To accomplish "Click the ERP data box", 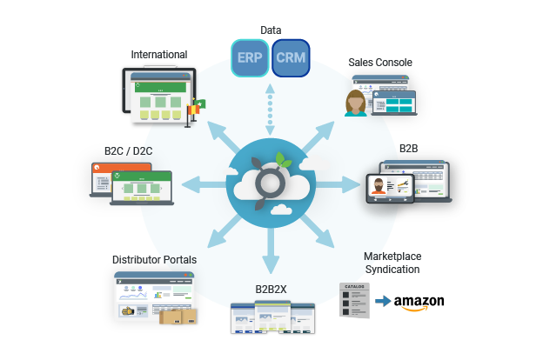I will pyautogui.click(x=249, y=57).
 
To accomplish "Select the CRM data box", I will pyautogui.click(x=290, y=57).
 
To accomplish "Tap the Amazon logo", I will pyautogui.click(x=419, y=303).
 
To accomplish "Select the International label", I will pyautogui.click(x=158, y=55).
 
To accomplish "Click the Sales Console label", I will pyautogui.click(x=380, y=63).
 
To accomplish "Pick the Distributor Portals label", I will pyautogui.click(x=154, y=260).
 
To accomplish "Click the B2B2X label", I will pyautogui.click(x=271, y=288).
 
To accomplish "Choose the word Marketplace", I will pyautogui.click(x=392, y=257).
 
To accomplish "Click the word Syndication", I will pyautogui.click(x=392, y=270).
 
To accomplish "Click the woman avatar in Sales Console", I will pyautogui.click(x=356, y=103).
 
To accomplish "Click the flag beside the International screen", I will pyautogui.click(x=198, y=109).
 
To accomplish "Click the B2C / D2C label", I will pyautogui.click(x=129, y=150).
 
